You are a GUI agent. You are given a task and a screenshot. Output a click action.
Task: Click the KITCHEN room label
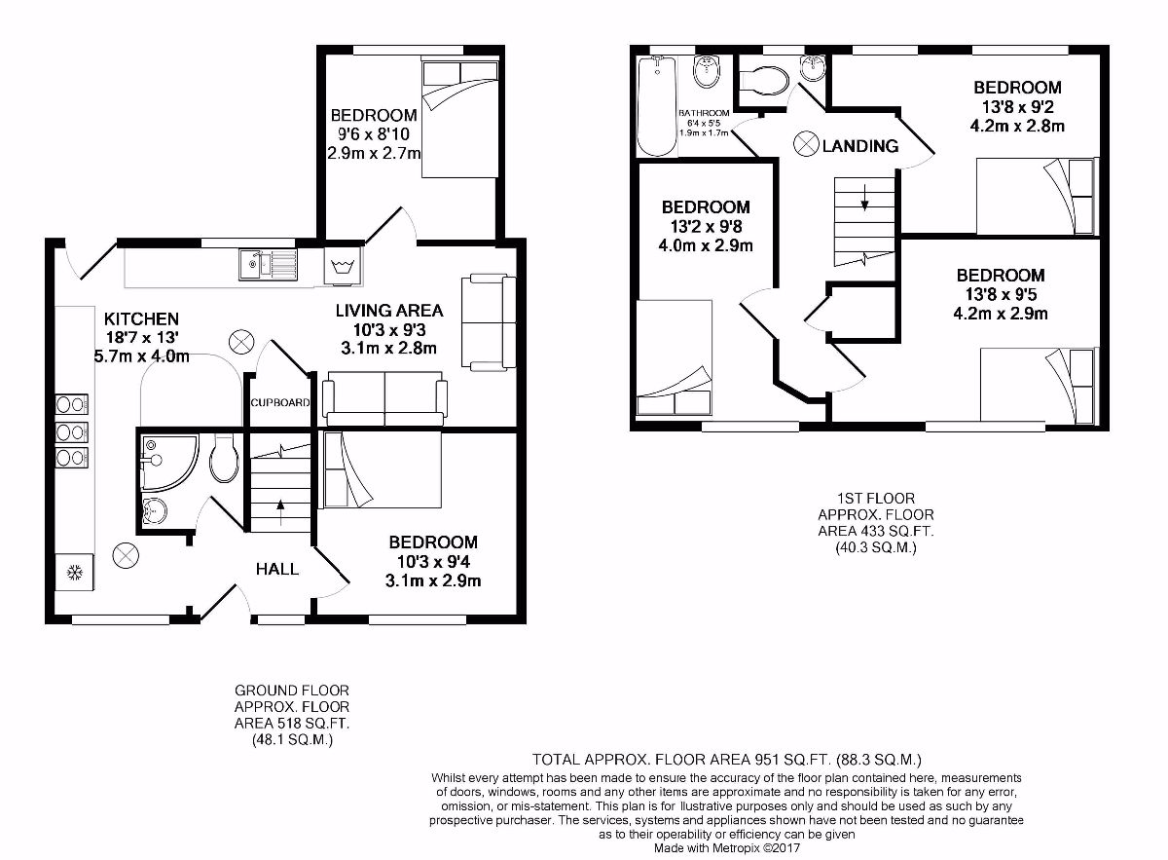pos(141,318)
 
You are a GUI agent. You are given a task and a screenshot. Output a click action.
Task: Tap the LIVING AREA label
pos(389,311)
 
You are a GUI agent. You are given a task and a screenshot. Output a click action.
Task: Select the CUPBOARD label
pos(280,402)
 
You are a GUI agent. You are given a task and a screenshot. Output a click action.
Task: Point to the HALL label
pos(277,569)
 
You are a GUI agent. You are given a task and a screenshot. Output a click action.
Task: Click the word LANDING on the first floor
pos(859,146)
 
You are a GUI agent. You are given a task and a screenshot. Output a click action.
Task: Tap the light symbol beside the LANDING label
pos(807,144)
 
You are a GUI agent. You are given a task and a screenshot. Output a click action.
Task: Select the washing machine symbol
pos(342,266)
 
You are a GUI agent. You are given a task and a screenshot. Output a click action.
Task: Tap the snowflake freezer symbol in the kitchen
pos(72,572)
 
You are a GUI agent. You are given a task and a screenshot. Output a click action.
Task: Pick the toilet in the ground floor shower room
pos(223,459)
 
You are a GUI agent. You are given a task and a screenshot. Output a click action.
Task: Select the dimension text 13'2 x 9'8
pos(706,226)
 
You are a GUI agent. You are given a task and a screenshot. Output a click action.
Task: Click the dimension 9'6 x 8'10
pos(374,134)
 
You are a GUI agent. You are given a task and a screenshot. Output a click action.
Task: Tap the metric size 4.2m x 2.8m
pos(1017,126)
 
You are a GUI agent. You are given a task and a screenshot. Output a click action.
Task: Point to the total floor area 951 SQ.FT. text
pos(726,759)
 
